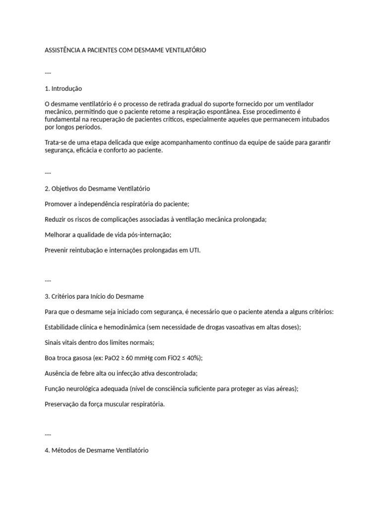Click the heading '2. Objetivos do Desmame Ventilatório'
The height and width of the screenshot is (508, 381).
coord(97,189)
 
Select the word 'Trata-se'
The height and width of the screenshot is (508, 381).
coord(56,142)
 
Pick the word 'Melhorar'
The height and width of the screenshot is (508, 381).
coord(58,235)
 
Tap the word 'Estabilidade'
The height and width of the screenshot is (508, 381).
coord(62,327)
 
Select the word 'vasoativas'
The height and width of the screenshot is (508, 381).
coord(231,327)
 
